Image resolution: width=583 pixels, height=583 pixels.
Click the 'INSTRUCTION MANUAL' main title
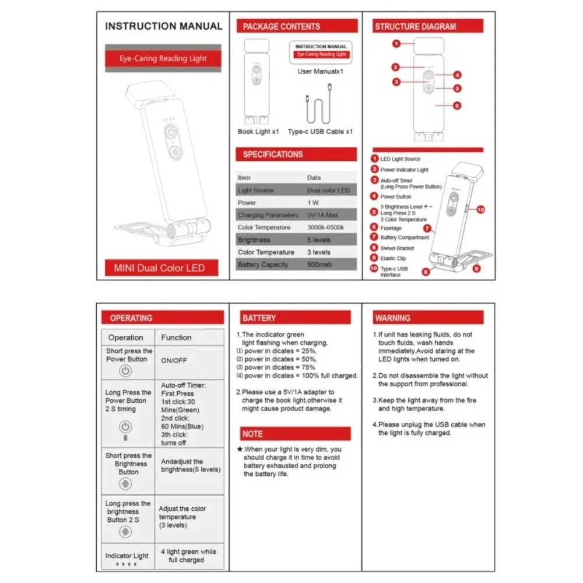tap(163, 26)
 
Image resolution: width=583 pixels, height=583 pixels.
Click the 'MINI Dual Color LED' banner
tap(159, 268)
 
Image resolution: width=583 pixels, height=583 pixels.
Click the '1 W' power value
tap(312, 203)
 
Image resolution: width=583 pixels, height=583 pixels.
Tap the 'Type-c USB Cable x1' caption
tap(320, 132)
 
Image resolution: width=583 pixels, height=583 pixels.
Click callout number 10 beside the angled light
tap(480, 209)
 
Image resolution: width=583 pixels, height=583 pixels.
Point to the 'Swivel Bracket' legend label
tap(397, 248)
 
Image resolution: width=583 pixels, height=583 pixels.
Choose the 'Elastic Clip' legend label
tap(393, 258)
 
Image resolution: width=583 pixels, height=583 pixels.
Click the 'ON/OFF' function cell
tap(174, 360)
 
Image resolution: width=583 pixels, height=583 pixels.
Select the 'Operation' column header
tap(125, 338)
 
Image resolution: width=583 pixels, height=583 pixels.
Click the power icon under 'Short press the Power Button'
tap(125, 371)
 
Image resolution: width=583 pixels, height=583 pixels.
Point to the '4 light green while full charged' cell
tap(188, 556)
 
